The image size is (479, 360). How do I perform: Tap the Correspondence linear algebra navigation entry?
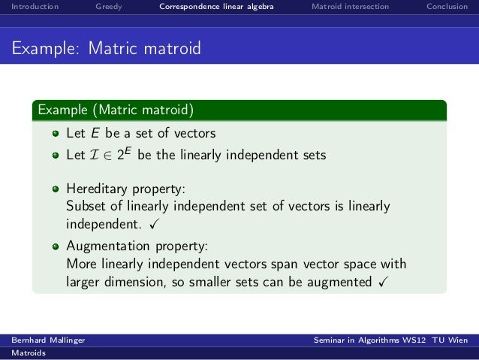216,7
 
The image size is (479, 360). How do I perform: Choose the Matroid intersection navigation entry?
350,7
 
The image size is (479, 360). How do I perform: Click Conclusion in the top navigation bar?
447,7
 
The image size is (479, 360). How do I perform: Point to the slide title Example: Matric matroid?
106,49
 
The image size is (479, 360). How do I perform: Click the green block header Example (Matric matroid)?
117,110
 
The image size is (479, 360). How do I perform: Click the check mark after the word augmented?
383,282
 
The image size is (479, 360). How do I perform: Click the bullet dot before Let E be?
55,134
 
